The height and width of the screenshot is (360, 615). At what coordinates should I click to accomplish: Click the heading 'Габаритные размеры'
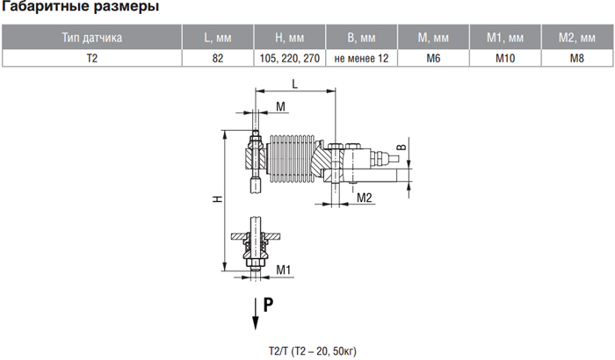[x=81, y=6]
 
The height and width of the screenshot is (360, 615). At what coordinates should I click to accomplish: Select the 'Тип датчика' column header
[x=91, y=37]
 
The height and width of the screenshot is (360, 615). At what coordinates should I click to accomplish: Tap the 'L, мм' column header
[x=218, y=37]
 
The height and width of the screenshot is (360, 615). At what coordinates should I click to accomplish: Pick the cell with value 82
[x=218, y=59]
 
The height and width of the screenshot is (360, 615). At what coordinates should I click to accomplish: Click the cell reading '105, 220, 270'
[x=289, y=59]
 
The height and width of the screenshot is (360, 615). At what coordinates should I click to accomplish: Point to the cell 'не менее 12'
[x=361, y=59]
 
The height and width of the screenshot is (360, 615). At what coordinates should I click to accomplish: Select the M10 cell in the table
[x=505, y=59]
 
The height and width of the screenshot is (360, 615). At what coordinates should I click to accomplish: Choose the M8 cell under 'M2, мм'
[x=577, y=59]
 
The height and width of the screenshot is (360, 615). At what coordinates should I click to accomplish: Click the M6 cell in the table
[x=433, y=59]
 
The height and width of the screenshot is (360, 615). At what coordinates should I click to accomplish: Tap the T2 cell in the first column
[x=91, y=59]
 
